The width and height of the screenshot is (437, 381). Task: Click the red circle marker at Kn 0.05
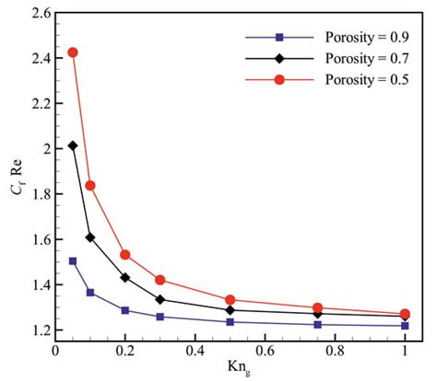(x=73, y=52)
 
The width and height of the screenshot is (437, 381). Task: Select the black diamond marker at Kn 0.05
(x=73, y=145)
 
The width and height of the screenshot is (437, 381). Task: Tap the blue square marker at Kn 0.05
(x=73, y=261)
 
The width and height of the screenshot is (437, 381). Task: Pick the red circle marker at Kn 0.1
(x=90, y=185)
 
